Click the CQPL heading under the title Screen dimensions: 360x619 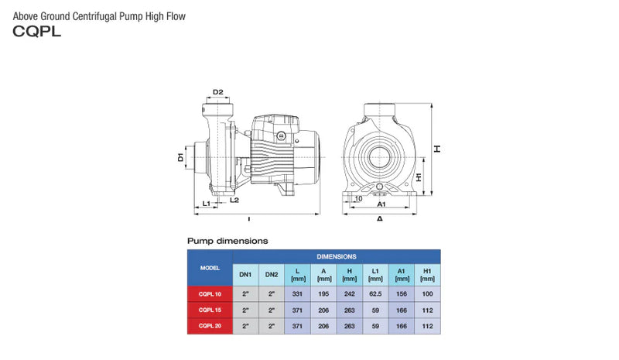[x=36, y=33]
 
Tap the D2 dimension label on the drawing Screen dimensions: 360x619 [x=218, y=92]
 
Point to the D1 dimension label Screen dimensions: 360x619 [x=180, y=158]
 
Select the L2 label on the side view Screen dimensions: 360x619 [x=234, y=200]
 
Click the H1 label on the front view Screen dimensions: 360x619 [x=419, y=177]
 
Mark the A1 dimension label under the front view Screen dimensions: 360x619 [x=381, y=204]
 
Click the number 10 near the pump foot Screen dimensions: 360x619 [x=357, y=198]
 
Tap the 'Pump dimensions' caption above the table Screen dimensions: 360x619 [x=227, y=241]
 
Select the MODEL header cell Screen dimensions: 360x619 [x=210, y=267]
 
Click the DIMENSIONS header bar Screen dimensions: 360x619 [x=337, y=255]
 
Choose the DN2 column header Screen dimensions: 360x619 [x=271, y=275]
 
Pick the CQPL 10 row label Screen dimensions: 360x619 [x=210, y=294]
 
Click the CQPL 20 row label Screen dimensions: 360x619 [x=210, y=326]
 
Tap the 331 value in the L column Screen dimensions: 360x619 [x=297, y=294]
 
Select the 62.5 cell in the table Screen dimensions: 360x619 [x=375, y=294]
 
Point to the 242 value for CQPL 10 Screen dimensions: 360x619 [x=350, y=294]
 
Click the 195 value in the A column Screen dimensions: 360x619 [x=323, y=294]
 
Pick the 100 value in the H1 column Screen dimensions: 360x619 [x=427, y=294]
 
